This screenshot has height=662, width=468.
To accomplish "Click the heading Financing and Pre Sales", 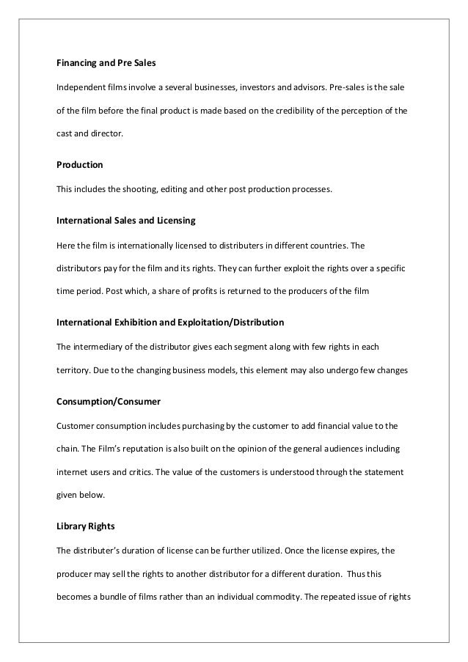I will coord(102,64).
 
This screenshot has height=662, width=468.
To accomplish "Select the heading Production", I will coord(80,166).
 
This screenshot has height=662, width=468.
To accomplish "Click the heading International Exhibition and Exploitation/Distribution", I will coord(170,322).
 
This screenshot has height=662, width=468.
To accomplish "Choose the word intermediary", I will coord(96,347).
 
